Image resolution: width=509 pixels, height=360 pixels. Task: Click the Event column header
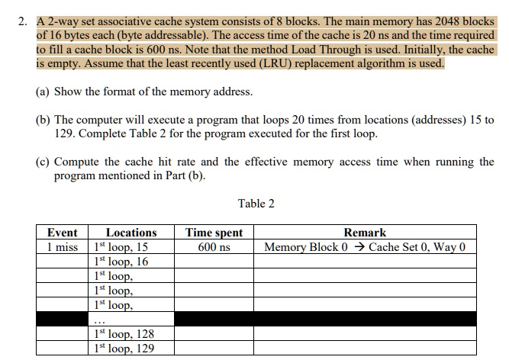[x=62, y=233]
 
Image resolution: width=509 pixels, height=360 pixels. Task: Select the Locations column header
[x=130, y=233]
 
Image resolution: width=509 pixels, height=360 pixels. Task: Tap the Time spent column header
[x=214, y=233]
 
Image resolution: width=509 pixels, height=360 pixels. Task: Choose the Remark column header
[x=365, y=233]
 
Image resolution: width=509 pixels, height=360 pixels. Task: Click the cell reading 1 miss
[x=62, y=247]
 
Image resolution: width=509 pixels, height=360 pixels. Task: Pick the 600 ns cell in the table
[x=214, y=247]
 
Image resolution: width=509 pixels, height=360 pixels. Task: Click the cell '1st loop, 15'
[x=121, y=247]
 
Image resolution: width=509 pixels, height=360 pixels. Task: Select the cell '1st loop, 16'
[x=121, y=262]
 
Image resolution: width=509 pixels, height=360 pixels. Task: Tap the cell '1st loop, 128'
[x=124, y=334]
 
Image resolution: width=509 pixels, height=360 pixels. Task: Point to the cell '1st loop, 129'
[x=124, y=349]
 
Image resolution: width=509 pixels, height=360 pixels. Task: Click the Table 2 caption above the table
[x=256, y=203]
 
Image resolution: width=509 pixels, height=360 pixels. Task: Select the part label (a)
[x=43, y=92]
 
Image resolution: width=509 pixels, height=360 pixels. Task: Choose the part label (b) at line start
[x=43, y=121]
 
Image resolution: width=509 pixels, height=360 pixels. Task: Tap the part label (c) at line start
[x=43, y=162]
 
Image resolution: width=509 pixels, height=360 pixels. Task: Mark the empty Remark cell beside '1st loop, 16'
[x=365, y=262]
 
